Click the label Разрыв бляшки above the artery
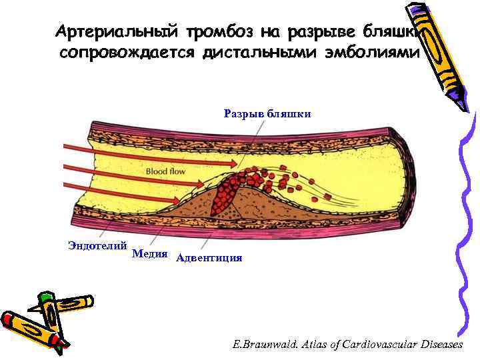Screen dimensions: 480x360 click(x=267, y=113)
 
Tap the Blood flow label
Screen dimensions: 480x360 click(x=165, y=171)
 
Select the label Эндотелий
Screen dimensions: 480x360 click(x=97, y=245)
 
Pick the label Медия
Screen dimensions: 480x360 click(x=149, y=253)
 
